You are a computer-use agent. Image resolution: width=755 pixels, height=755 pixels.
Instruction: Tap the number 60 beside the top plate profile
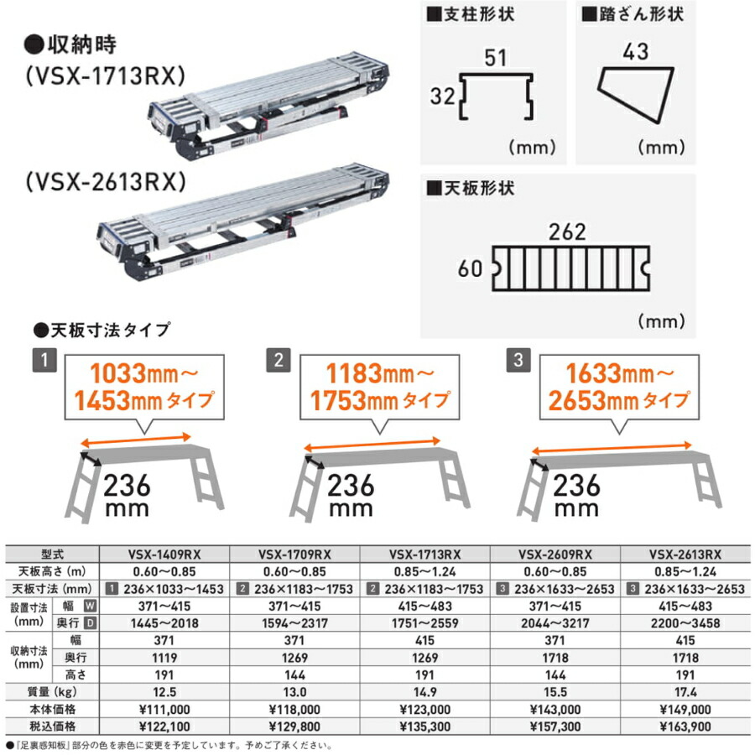470,269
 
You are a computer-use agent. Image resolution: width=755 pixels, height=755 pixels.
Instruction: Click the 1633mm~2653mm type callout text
617,384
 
